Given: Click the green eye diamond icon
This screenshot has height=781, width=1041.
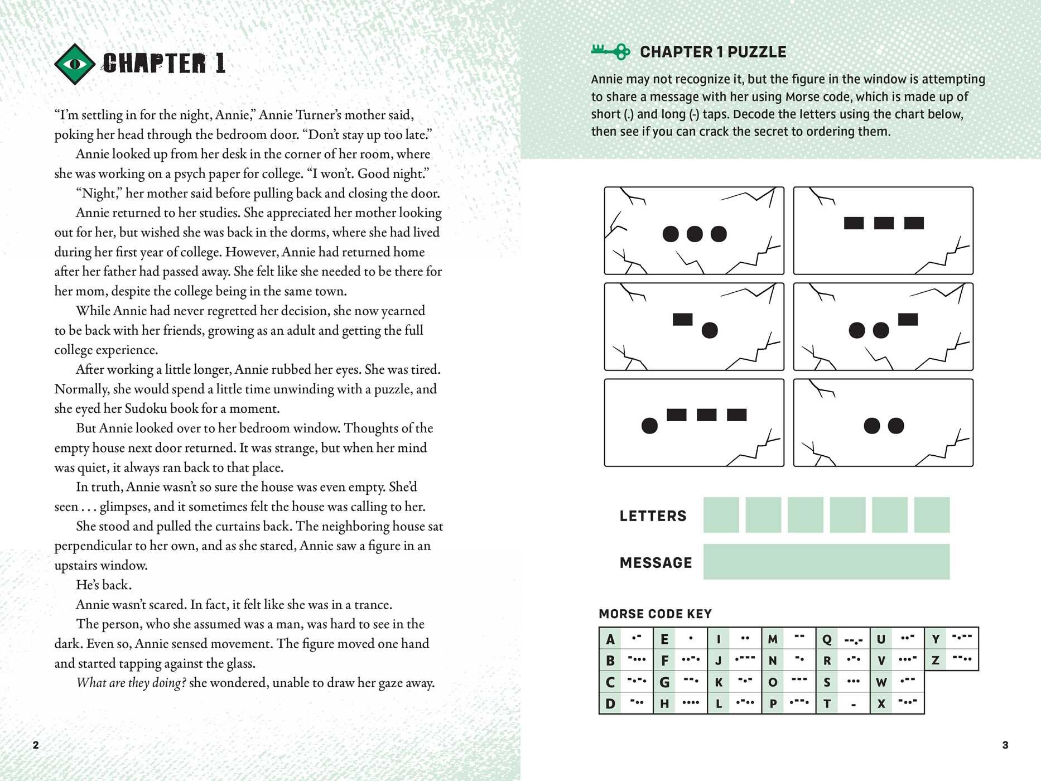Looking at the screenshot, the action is click(x=75, y=64).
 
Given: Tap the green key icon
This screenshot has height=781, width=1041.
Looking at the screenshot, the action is click(x=610, y=51).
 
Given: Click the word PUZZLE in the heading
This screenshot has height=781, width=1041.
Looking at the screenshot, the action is click(x=757, y=52).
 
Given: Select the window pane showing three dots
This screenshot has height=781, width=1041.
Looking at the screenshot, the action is click(x=694, y=230).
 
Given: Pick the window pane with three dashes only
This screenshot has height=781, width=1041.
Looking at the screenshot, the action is click(x=883, y=230).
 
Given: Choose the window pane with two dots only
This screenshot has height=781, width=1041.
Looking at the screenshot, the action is click(x=883, y=423).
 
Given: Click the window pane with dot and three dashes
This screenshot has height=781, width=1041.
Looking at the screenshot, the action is click(x=694, y=423).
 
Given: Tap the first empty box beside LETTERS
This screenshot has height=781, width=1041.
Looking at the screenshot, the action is click(x=721, y=515).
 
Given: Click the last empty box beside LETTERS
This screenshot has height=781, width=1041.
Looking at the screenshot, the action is click(x=932, y=515).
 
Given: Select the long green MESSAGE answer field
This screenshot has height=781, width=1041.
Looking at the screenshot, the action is click(x=826, y=562).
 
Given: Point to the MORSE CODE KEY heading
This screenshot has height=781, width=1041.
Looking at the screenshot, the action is click(x=655, y=614).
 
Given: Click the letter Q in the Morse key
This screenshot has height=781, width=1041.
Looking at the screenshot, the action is click(x=827, y=639).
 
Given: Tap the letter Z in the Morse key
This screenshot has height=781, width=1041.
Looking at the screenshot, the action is click(x=936, y=661).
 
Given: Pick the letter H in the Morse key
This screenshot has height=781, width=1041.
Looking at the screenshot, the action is click(x=664, y=703).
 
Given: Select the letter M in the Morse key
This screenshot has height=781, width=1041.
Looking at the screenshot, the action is click(x=773, y=639).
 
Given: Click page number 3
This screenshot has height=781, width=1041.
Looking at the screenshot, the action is click(x=1005, y=745).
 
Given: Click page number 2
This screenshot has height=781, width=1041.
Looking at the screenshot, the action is click(x=36, y=745).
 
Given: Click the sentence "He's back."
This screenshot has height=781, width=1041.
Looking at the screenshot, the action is click(x=104, y=585).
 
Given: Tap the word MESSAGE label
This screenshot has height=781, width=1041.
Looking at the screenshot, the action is click(x=656, y=562).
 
